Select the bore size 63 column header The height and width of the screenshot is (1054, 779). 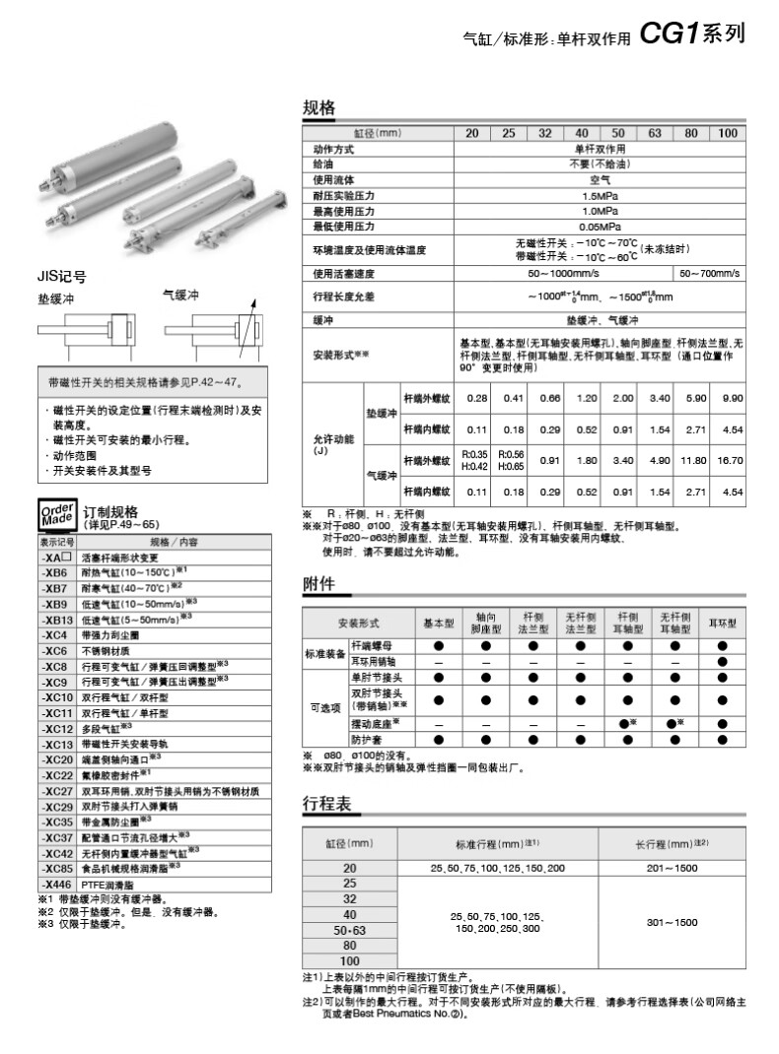point(655,134)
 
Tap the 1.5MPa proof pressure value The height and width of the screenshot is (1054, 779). point(600,195)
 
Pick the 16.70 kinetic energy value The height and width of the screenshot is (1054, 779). point(731,460)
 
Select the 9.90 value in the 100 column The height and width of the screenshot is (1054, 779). point(731,398)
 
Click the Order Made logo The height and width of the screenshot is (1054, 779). point(56,516)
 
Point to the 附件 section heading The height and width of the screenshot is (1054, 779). point(318,583)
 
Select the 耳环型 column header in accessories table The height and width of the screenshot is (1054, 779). point(723,624)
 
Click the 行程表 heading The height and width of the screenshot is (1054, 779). point(325,804)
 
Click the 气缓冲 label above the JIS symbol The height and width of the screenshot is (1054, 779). point(181,294)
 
